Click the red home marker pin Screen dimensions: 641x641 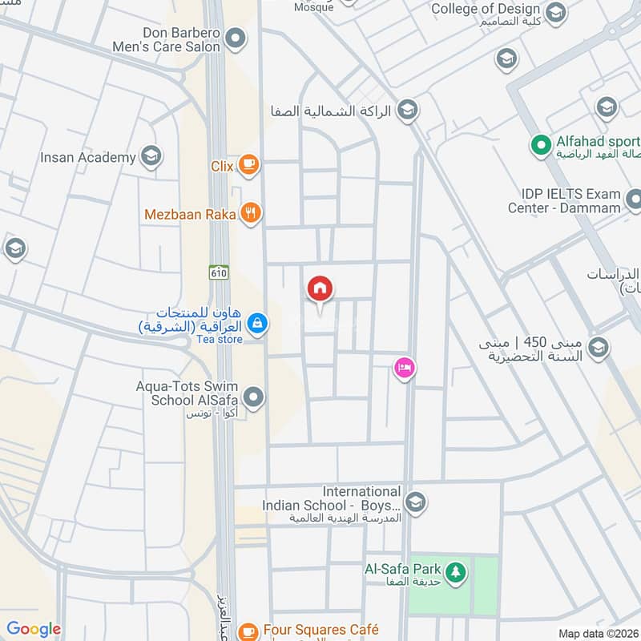(x=320, y=289)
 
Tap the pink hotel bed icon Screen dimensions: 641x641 (x=404, y=368)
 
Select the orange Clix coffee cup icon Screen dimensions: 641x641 (x=249, y=164)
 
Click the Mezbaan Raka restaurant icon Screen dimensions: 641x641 (x=252, y=213)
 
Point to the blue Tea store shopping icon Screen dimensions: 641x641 (x=256, y=323)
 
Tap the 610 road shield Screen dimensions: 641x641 (x=218, y=272)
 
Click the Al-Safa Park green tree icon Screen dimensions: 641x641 (x=456, y=572)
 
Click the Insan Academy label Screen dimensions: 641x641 (x=88, y=158)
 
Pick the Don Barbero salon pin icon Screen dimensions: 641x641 (x=235, y=38)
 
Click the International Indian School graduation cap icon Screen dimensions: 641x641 (x=414, y=502)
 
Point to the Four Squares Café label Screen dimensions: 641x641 (x=320, y=630)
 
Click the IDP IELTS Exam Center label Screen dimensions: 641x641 (x=564, y=201)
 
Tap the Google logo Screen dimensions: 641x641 (x=34, y=629)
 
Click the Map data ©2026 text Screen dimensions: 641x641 (x=599, y=633)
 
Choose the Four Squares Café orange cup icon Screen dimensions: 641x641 (x=248, y=631)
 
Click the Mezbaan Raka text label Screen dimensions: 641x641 (x=190, y=214)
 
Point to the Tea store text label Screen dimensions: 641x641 (x=220, y=339)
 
